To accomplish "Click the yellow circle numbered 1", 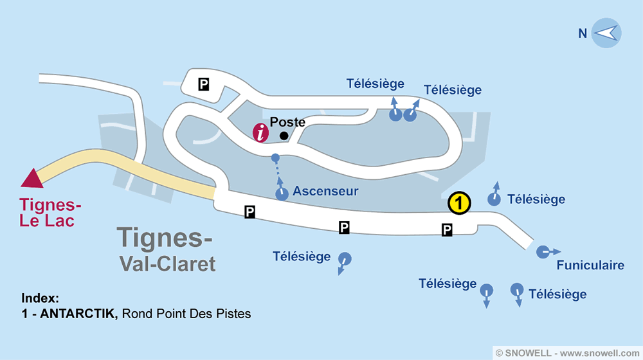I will click(x=459, y=203).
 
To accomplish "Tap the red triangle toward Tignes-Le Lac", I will click(x=32, y=178).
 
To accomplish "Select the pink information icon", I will click(x=261, y=133).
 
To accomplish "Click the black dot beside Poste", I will click(x=284, y=136).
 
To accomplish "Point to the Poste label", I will click(x=287, y=122).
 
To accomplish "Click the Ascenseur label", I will click(x=325, y=192).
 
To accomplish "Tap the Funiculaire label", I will click(x=590, y=265).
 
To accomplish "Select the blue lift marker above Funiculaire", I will click(x=543, y=251).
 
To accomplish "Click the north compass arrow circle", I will click(x=606, y=33).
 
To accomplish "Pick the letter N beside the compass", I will click(x=583, y=33).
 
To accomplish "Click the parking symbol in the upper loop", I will click(x=204, y=84).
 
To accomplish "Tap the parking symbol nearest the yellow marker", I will click(x=447, y=230).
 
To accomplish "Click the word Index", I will click(x=40, y=299).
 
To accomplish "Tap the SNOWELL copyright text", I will click(x=568, y=352).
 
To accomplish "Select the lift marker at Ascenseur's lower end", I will click(x=282, y=194).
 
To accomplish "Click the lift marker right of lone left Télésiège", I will click(x=345, y=259).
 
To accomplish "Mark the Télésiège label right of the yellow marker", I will click(x=536, y=199).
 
